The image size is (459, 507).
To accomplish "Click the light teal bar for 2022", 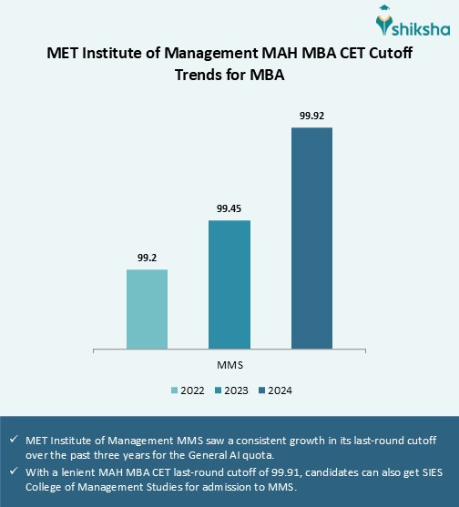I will point(147,309).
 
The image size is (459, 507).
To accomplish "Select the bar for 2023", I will point(229,284).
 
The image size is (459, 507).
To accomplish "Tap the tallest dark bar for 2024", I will point(311,238).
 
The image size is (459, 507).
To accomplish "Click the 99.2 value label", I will point(147,258).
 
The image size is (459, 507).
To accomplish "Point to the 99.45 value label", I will point(229,208).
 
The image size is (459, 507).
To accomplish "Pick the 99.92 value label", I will point(311,116).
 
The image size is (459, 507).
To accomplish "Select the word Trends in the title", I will point(203,76).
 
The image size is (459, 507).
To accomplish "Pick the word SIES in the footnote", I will point(426,471).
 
